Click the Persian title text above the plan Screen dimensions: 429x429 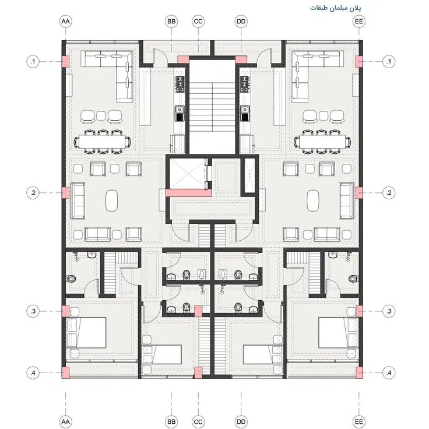tap(335, 8)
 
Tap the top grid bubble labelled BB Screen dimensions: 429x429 tap(171, 22)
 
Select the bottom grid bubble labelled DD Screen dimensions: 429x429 tap(241, 421)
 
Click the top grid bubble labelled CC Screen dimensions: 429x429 tap(198, 22)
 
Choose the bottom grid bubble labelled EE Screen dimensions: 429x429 tap(358, 421)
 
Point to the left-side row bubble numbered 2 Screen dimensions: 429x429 tap(33, 192)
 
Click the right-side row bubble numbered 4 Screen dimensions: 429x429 tap(389, 372)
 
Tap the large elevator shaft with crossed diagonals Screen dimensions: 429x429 tap(188, 174)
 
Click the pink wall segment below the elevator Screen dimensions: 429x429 tap(189, 193)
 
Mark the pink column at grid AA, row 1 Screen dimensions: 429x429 tap(66, 62)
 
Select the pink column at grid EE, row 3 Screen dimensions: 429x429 tap(359, 311)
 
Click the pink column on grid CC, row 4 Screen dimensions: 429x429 tap(198, 372)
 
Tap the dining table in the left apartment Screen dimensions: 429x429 tap(103, 142)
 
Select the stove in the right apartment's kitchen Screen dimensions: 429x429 tap(245, 84)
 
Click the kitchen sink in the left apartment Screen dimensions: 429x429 tap(180, 113)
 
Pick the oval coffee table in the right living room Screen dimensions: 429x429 tap(313, 201)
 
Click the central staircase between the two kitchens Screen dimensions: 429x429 tap(212, 107)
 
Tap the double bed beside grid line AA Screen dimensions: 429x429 tap(86, 333)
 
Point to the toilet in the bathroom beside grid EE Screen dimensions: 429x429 tap(353, 279)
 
